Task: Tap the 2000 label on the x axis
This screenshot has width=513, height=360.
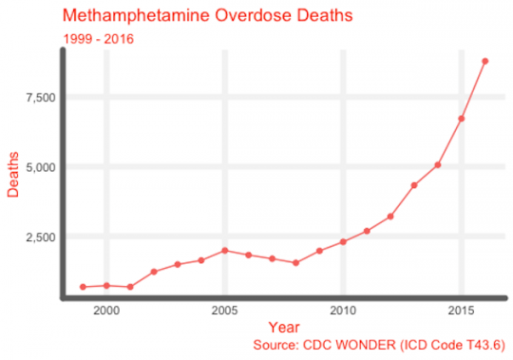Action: click(x=106, y=312)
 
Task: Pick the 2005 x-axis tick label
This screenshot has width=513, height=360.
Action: click(x=224, y=312)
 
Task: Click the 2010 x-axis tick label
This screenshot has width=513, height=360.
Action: click(x=343, y=312)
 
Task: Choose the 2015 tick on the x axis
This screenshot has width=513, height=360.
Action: click(x=461, y=312)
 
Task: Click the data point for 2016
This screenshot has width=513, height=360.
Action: click(x=484, y=61)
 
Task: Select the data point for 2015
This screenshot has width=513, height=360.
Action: click(x=461, y=119)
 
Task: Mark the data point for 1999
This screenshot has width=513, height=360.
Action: click(x=83, y=287)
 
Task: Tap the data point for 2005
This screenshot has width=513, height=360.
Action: click(x=224, y=251)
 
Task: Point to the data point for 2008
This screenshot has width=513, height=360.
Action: click(x=295, y=262)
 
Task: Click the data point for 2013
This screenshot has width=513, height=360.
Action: click(x=414, y=185)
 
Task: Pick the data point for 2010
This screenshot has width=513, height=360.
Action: click(x=343, y=242)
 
